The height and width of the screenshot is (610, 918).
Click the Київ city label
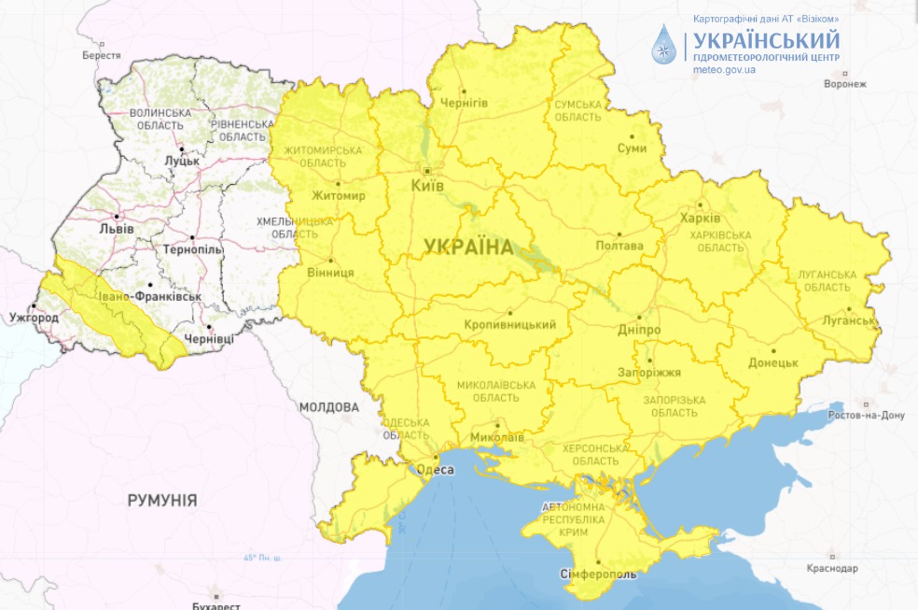pos(428,186)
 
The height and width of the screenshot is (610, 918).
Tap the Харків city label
pos(701,218)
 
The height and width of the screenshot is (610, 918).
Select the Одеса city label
pos(435,469)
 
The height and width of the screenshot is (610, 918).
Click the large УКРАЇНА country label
pos(468,247)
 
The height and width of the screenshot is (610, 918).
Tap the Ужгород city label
pos(35,318)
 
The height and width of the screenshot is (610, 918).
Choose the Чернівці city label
pos(210,338)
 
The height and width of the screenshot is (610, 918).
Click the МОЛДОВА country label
pos(328,407)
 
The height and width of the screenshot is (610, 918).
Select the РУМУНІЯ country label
pos(162,501)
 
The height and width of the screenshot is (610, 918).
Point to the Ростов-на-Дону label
pos(867,415)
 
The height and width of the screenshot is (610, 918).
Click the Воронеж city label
pos(845,84)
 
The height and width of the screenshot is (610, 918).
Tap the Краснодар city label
pos(831,568)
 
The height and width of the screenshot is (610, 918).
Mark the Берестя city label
pos(102,55)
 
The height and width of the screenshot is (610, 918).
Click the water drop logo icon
pos(664,44)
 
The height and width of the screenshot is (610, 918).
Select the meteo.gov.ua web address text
pos(724,70)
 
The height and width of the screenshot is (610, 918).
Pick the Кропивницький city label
pos(509,324)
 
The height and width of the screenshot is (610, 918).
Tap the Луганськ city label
pos(849,320)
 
